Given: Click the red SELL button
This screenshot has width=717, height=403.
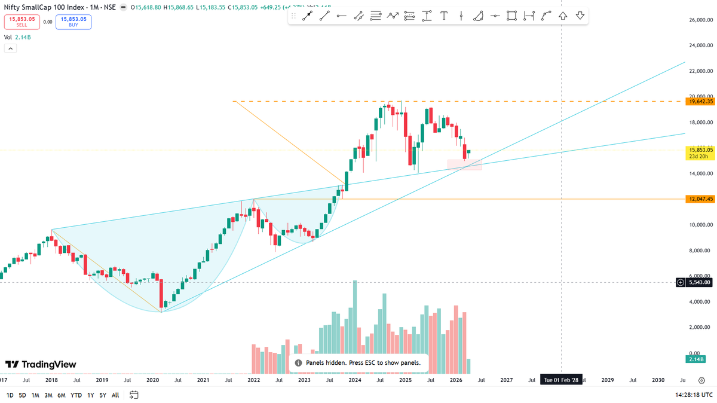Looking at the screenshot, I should pyautogui.click(x=22, y=22).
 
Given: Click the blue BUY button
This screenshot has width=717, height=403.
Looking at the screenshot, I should pyautogui.click(x=73, y=22).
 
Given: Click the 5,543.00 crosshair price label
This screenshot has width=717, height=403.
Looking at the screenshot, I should pyautogui.click(x=698, y=282).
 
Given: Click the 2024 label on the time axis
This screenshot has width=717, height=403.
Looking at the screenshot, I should pyautogui.click(x=354, y=380).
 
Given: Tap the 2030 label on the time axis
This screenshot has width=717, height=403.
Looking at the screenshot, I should pyautogui.click(x=658, y=380).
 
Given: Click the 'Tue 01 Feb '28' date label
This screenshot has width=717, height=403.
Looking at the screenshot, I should pyautogui.click(x=560, y=380).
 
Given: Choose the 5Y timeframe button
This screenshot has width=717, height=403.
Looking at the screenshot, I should pyautogui.click(x=103, y=395).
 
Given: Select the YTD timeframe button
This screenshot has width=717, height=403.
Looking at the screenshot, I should pyautogui.click(x=76, y=395).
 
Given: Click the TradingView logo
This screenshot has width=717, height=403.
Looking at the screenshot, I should pyautogui.click(x=41, y=365).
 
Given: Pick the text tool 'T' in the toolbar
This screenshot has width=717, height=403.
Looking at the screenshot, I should pyautogui.click(x=444, y=16).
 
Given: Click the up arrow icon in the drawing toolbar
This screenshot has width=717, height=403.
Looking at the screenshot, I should pyautogui.click(x=563, y=16).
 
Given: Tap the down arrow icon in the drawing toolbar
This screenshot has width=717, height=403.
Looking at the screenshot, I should pyautogui.click(x=580, y=16).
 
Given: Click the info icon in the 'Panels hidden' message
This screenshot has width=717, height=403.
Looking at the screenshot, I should pyautogui.click(x=298, y=363).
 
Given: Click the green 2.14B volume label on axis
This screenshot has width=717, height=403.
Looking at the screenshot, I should pyautogui.click(x=695, y=359).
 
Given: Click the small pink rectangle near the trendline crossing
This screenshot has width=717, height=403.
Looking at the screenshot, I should pyautogui.click(x=464, y=164).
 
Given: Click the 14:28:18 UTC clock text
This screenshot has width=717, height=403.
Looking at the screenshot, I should pyautogui.click(x=694, y=395).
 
